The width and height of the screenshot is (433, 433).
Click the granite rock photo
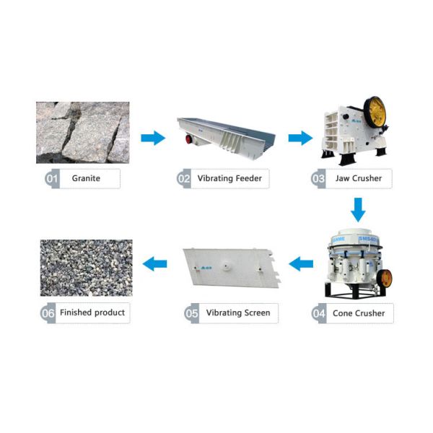click(x=83, y=132)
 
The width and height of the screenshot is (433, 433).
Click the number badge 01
click(x=52, y=178)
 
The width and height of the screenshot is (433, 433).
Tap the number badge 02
click(x=184, y=178)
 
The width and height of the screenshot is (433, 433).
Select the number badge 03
click(x=318, y=178)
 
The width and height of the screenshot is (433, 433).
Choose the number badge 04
click(x=319, y=313)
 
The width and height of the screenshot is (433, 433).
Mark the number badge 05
click(x=191, y=313)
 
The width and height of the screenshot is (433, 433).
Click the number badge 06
click(x=48, y=313)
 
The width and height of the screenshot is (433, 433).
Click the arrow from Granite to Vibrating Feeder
click(x=152, y=138)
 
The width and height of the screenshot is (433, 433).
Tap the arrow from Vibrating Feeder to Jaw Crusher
click(x=299, y=138)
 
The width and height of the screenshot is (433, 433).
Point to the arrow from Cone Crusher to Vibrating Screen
click(x=301, y=264)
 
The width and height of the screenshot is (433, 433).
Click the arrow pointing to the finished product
click(x=154, y=264)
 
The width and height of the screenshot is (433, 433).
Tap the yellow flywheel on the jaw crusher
click(x=376, y=113)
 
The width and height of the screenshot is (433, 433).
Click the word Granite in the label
click(x=86, y=178)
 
